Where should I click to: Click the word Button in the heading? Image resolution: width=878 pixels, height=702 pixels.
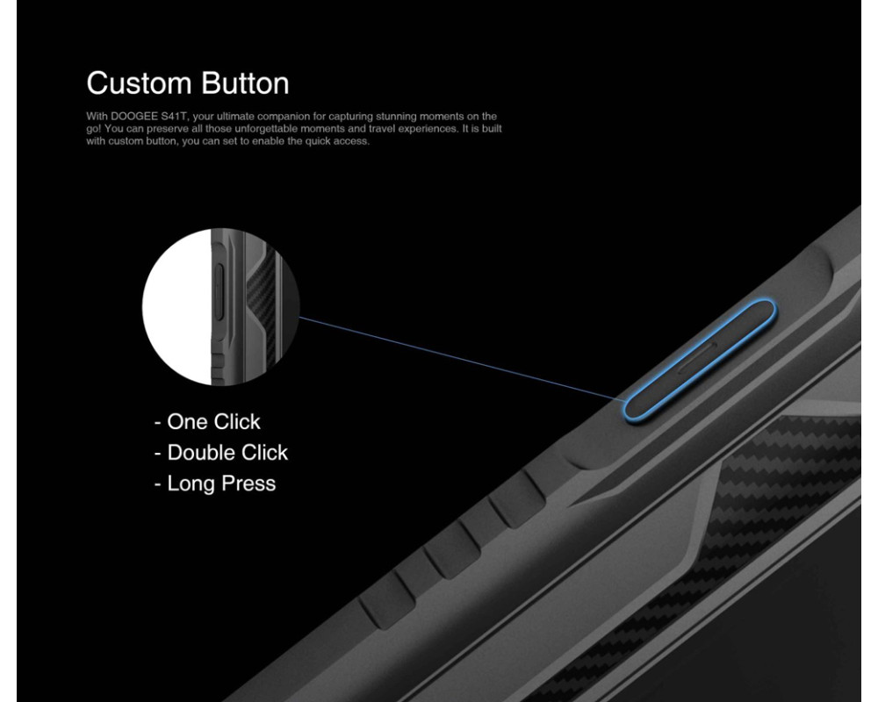(x=245, y=82)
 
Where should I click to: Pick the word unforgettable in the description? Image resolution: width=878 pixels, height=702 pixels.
(x=266, y=129)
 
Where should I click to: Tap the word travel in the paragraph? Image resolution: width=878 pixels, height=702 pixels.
(x=382, y=129)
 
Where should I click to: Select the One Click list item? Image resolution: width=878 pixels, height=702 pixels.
(x=207, y=421)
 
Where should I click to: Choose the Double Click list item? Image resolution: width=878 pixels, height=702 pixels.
(x=220, y=452)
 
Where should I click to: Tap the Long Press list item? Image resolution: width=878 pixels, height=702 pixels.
(x=215, y=484)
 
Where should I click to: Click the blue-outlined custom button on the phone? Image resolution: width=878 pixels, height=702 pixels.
(x=700, y=360)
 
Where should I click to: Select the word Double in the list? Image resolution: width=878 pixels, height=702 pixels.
(x=198, y=452)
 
